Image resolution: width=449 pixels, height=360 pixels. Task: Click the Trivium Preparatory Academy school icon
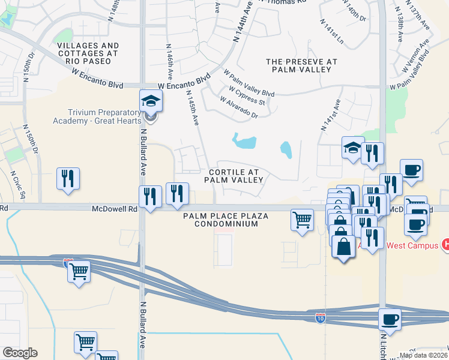(151, 101)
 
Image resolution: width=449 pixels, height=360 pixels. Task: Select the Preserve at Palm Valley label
(301, 65)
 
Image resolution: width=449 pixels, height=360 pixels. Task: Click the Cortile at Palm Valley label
(234, 176)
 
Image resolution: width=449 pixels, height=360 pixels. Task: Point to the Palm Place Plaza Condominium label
(221, 220)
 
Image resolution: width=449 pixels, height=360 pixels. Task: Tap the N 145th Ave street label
(193, 108)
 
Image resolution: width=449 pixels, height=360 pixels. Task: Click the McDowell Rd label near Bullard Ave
(115, 209)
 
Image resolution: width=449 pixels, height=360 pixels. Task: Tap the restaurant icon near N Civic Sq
(68, 178)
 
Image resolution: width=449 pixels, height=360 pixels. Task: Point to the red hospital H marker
(445, 244)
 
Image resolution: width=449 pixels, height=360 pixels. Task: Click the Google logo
(19, 353)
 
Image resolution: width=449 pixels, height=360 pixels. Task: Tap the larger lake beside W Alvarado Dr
(245, 142)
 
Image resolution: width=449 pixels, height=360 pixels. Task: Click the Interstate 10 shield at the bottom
(322, 317)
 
